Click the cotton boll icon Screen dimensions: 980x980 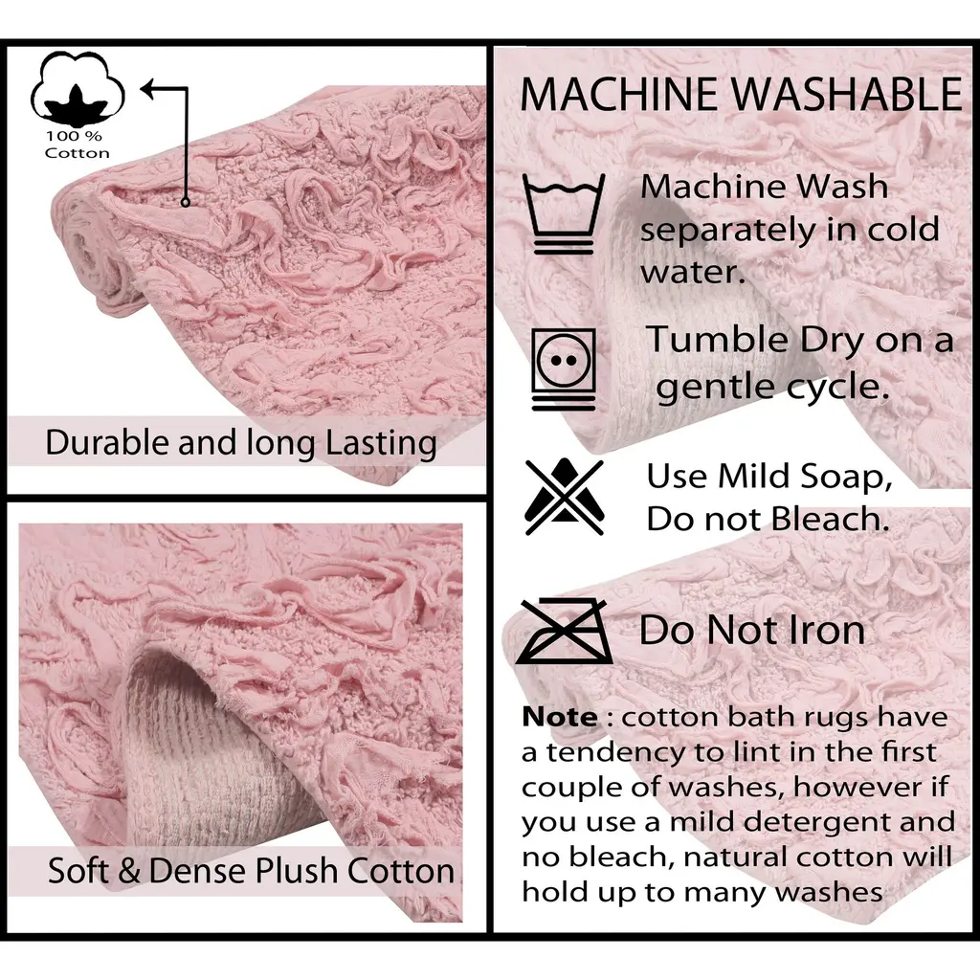[x=78, y=88]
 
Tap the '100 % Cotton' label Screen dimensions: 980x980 [x=77, y=145]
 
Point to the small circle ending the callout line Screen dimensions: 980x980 [x=185, y=202]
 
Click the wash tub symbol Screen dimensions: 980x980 [x=564, y=213]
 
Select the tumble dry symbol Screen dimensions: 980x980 [x=563, y=369]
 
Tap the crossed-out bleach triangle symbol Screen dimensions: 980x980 [x=565, y=497]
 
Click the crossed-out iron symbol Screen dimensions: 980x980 [x=564, y=632]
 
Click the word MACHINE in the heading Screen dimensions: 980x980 [x=618, y=95]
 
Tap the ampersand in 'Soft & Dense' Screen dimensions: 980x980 [x=129, y=871]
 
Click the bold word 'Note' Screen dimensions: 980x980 [x=559, y=717]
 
